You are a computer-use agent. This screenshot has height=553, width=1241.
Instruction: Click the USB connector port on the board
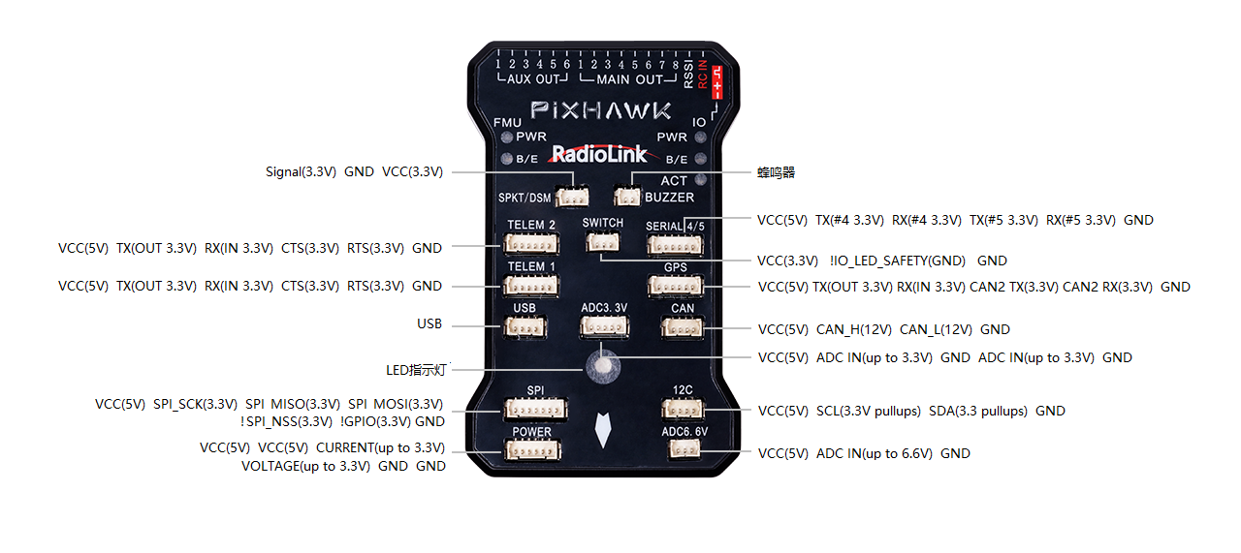(x=525, y=326)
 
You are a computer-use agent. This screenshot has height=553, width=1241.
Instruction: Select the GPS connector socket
(x=675, y=286)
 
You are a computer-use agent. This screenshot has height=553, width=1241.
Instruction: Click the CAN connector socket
(x=682, y=327)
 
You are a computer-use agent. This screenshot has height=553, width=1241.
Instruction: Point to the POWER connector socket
(x=531, y=449)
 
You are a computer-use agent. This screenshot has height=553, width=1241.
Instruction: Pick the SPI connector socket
(x=535, y=409)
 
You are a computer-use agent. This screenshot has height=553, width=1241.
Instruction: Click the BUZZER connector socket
(x=627, y=197)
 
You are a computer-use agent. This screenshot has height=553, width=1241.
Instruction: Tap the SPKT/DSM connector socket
(x=572, y=197)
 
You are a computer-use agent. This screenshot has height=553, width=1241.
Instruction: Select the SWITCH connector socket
(x=602, y=242)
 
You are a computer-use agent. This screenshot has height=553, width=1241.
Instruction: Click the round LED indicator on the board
(x=603, y=366)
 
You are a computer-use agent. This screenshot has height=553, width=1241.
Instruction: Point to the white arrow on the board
(x=603, y=431)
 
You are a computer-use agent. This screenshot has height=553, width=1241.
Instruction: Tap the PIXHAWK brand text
(x=601, y=110)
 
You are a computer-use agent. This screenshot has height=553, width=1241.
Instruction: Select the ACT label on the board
(x=673, y=180)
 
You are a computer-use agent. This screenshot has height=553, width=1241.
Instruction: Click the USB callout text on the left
(x=429, y=324)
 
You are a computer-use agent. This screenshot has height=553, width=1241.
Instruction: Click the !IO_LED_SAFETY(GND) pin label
(x=898, y=261)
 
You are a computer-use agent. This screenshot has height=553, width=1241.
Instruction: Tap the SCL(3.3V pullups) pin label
(x=869, y=411)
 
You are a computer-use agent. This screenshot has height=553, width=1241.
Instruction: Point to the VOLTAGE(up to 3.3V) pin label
(x=306, y=466)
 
